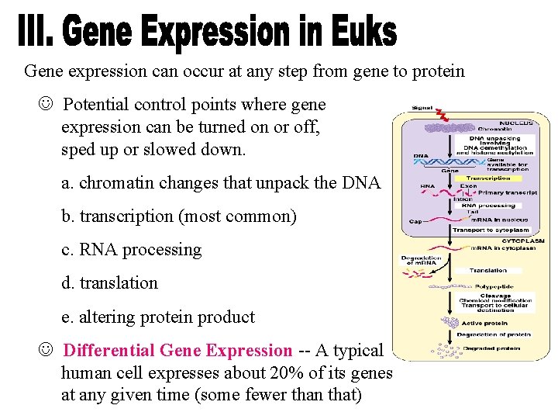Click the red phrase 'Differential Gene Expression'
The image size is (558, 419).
point(177,351)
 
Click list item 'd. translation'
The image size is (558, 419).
point(109,283)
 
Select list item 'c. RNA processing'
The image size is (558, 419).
point(131,250)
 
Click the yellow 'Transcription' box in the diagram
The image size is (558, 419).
point(488,178)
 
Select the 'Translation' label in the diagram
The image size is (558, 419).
point(487,271)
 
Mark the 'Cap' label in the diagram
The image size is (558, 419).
point(415,222)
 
